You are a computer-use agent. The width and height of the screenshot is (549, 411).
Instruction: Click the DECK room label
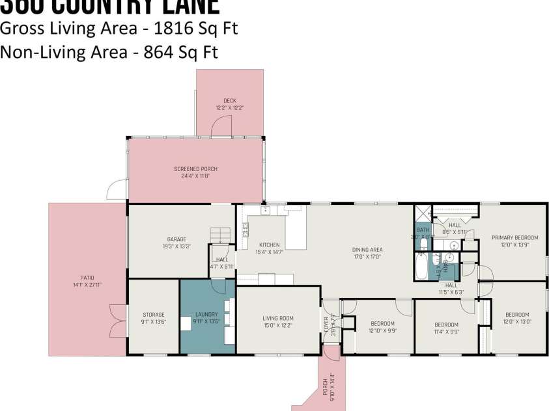pos(230,101)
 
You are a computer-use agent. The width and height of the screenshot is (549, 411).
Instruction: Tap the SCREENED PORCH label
pos(195,169)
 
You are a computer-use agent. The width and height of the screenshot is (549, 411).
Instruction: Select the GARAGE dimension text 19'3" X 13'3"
pos(176,246)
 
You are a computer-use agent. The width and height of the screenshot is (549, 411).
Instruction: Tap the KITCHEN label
pos(269,245)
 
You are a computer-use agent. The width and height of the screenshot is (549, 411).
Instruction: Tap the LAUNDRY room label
pos(206,315)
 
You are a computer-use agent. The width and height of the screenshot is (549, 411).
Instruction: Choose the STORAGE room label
pos(153,315)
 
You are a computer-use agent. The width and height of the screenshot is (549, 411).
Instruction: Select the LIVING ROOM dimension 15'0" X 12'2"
pos(278,325)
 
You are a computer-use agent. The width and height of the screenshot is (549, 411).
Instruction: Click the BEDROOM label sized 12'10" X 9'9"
pos(382,323)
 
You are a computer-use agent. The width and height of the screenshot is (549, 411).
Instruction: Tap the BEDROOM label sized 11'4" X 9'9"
pos(446,325)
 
